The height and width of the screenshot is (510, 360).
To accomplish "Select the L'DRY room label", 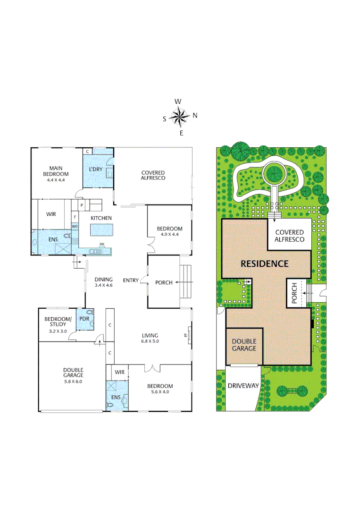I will point(96,169).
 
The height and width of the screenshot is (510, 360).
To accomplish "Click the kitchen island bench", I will point(101,230).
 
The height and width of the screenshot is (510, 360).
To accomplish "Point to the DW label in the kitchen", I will point(101,244).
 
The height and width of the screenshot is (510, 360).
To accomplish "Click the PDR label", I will point(85,319).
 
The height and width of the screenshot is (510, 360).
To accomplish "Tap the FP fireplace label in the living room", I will point(185,336).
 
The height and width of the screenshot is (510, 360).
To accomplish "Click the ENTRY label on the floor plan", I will point(131,280).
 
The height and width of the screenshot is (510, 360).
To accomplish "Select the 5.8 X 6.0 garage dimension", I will point(73,382).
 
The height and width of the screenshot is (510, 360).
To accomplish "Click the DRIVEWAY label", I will point(243,386).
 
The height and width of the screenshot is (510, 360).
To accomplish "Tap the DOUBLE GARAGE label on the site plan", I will point(244,345).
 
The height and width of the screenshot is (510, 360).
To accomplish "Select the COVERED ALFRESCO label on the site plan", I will point(290,236).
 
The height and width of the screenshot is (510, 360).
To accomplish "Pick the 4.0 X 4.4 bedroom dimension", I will point(169,235).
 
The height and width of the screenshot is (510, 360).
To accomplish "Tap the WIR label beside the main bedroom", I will point(51,214).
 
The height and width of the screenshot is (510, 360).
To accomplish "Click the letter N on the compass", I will point(195,115).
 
